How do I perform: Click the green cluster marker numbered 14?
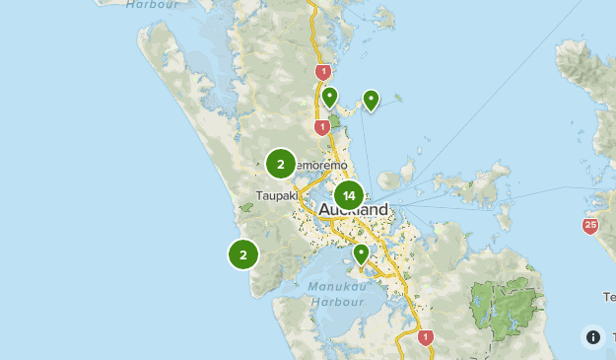tap(349, 195)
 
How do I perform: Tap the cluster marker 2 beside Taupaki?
tap(281, 164)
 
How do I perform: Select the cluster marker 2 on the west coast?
tap(243, 254)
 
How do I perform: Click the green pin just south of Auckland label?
tap(361, 253)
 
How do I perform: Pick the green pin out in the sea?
tap(371, 100)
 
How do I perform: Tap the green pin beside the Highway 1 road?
tap(330, 97)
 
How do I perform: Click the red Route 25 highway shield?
tap(589, 226)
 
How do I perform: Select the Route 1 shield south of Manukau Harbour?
tap(426, 337)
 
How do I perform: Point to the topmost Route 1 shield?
tap(321, 72)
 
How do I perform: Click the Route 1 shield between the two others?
tap(321, 127)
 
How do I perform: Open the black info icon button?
tap(592, 337)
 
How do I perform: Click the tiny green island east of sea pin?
tap(398, 97)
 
